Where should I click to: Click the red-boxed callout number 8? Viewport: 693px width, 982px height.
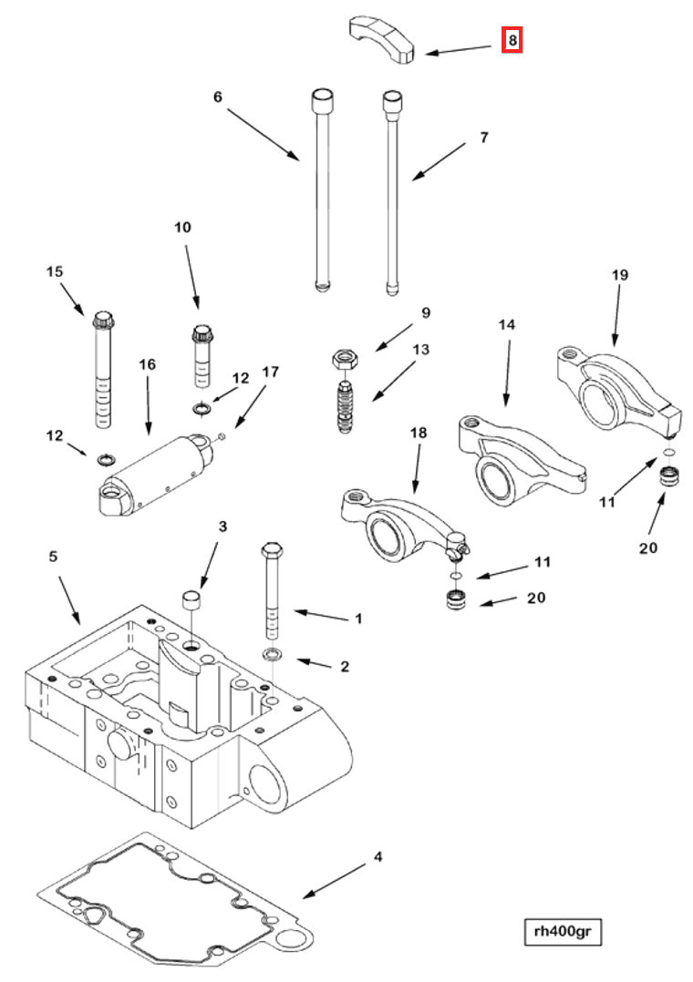click(x=512, y=40)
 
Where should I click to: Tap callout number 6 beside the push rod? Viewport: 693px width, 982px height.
click(x=217, y=97)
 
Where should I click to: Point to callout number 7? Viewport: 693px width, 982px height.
click(x=484, y=138)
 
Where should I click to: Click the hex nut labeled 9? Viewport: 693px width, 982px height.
click(x=344, y=357)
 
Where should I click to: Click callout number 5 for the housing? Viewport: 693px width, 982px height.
click(x=52, y=555)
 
